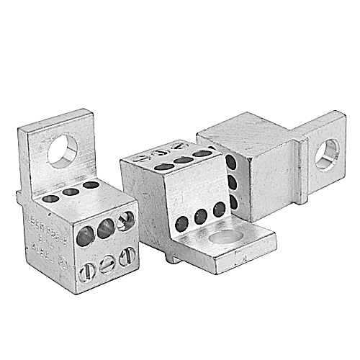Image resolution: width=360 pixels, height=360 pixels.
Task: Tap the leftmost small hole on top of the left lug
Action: click(x=53, y=198)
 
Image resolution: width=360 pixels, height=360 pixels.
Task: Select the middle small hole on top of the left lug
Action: click(x=71, y=192)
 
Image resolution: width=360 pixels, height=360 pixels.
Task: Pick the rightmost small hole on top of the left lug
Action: click(x=91, y=186)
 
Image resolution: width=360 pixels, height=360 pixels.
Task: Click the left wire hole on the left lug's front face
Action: click(x=86, y=235)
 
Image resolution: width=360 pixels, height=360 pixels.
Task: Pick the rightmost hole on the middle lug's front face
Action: click(x=218, y=209)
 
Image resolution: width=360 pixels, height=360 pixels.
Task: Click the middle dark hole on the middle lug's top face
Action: click(x=184, y=160)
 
